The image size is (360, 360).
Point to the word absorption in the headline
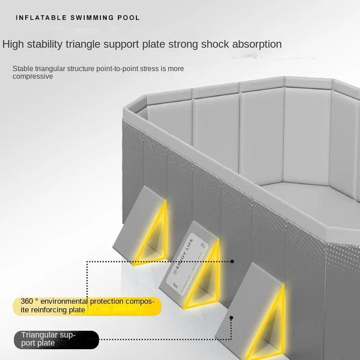click(256, 44)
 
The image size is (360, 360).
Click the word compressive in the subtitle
click(33, 76)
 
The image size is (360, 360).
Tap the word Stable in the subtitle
click(22, 68)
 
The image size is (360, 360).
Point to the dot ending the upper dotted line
click(232, 261)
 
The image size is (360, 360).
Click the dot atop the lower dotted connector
click(231, 318)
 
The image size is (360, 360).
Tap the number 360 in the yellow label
click(27, 301)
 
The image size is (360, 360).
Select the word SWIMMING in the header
click(92, 18)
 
